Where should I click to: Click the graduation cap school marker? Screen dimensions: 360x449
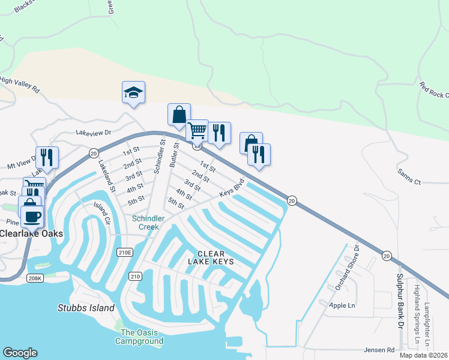click(x=133, y=92)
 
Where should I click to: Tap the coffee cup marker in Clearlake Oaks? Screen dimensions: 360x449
click(x=32, y=215)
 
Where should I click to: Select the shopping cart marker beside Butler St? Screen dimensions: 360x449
click(x=197, y=130)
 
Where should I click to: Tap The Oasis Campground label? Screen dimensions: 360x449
click(x=142, y=337)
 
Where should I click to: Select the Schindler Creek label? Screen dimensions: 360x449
click(x=145, y=223)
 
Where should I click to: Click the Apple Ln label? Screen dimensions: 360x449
click(x=342, y=305)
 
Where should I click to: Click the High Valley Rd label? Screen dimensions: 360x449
click(x=20, y=84)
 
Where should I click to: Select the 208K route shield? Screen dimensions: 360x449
click(x=35, y=278)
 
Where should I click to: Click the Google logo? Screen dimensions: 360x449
click(x=20, y=352)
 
